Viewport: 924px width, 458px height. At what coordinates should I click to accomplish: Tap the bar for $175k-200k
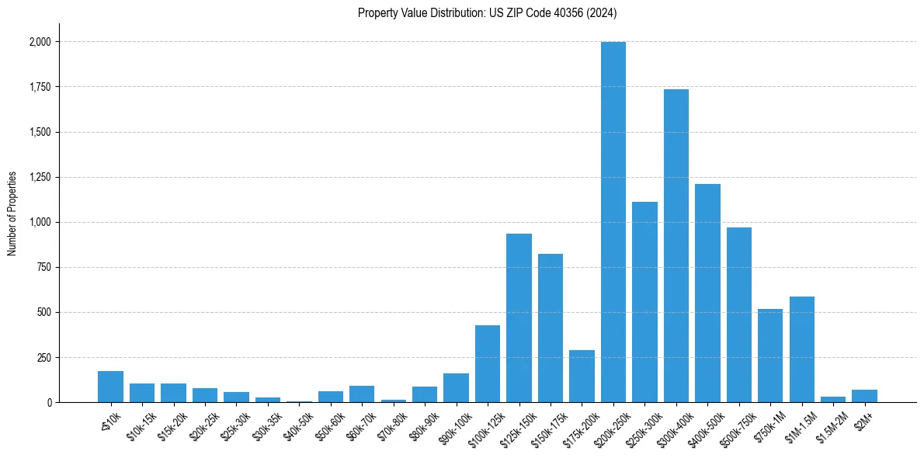[x=582, y=376]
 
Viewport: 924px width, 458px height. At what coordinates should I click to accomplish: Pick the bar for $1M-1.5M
[x=801, y=349]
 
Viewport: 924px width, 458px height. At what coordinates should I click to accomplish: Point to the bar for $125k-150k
[x=519, y=318]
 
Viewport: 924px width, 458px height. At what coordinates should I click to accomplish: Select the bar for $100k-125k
[x=488, y=364]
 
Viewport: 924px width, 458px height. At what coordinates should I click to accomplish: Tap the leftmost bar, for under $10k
[x=110, y=387]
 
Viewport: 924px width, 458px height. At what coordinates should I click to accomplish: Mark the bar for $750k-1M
[x=770, y=356]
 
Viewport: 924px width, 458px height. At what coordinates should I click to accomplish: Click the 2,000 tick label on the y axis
[x=40, y=42]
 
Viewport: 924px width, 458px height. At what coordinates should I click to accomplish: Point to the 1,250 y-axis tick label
[x=40, y=178]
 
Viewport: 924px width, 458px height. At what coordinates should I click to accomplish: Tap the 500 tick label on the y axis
[x=44, y=313]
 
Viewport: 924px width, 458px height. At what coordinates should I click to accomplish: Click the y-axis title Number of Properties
[x=12, y=213]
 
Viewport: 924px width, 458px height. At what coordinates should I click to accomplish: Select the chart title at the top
[x=487, y=13]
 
